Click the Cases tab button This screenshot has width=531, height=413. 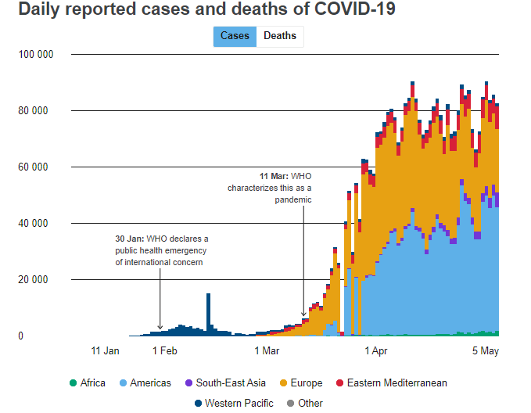click(235, 36)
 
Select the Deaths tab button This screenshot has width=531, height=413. click(280, 36)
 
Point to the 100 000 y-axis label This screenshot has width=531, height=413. click(35, 55)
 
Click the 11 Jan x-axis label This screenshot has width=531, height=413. click(106, 350)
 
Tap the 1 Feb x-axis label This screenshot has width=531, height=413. click(164, 350)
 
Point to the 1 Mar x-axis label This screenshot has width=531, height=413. click(267, 350)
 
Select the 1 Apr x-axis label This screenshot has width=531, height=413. click(377, 350)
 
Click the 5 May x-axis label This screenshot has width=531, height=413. click(485, 350)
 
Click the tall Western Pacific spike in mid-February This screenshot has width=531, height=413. click(208, 313)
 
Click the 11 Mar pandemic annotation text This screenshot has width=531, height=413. click(270, 188)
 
